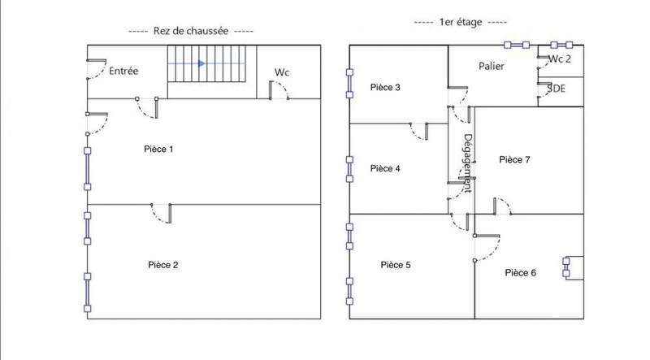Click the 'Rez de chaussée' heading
coord(192,31)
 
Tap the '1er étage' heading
coord(460,23)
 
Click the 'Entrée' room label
coord(123,72)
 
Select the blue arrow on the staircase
coord(201,63)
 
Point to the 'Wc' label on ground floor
coord(282,72)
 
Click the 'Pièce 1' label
coord(158,149)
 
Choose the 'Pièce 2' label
coord(163,264)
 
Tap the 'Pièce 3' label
coord(384,87)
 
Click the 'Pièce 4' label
coord(384,168)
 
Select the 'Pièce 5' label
coord(396,264)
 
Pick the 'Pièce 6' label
coord(520,272)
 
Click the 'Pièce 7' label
coord(514,160)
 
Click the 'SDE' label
coord(557,88)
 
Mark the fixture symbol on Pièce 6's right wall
coord(566,267)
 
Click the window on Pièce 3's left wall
coord(350,83)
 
